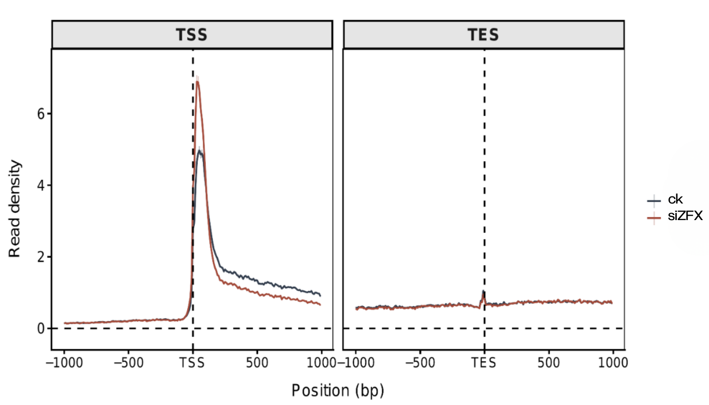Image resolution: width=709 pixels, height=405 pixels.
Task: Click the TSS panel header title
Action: pyautogui.click(x=191, y=35)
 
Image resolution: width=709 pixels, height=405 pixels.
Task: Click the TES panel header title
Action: pyautogui.click(x=483, y=35)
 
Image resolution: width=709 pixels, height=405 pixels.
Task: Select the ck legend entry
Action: pyautogui.click(x=668, y=200)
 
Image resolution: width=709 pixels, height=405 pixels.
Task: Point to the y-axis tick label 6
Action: pyautogui.click(x=42, y=114)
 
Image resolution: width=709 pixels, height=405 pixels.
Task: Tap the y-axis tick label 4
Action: pyautogui.click(x=42, y=186)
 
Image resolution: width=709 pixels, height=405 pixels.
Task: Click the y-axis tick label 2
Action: pyautogui.click(x=42, y=257)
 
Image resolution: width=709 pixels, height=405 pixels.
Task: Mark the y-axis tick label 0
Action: pyautogui.click(x=42, y=329)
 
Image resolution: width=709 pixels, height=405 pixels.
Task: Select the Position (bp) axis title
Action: pyautogui.click(x=338, y=390)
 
